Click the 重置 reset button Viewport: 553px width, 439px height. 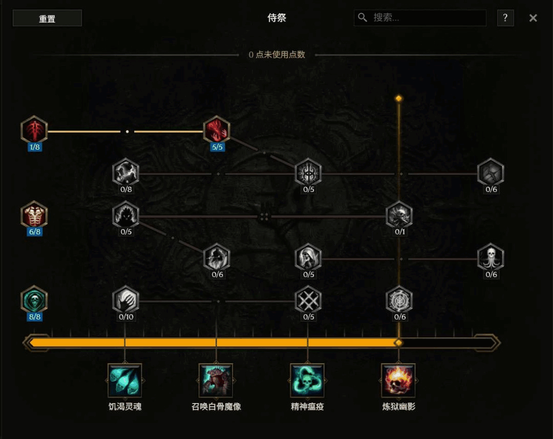click(47, 18)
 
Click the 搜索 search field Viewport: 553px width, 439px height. click(420, 17)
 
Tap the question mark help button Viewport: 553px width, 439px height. click(505, 17)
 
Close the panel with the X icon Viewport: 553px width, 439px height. click(533, 18)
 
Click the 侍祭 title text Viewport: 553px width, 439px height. click(276, 17)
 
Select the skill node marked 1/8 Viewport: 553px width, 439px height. click(34, 130)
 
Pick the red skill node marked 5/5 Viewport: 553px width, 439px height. click(217, 130)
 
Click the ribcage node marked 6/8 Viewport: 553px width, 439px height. click(34, 215)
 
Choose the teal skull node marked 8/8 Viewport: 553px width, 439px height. click(34, 300)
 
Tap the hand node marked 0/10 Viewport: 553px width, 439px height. click(125, 300)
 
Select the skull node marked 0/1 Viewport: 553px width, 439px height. click(399, 215)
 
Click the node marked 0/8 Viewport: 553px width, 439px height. click(125, 172)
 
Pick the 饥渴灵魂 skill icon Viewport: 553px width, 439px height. click(125, 381)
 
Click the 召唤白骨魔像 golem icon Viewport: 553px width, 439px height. click(216, 381)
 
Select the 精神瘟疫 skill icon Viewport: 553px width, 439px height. click(307, 381)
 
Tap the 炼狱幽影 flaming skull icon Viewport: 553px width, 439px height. click(398, 381)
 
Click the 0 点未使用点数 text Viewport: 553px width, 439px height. click(277, 55)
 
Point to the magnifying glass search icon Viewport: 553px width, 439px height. click(362, 17)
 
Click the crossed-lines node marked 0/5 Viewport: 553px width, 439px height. click(308, 300)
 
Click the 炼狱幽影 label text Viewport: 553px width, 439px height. click(398, 407)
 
